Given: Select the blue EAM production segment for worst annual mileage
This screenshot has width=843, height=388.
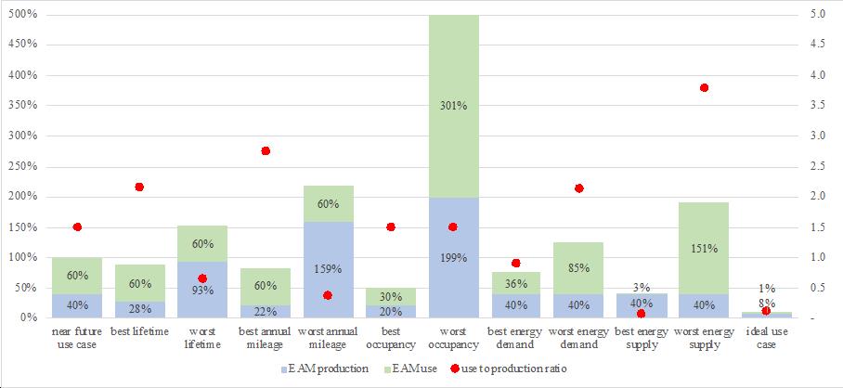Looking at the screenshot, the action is pyautogui.click(x=328, y=270).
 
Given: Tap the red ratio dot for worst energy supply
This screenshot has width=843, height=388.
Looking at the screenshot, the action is pyautogui.click(x=704, y=87).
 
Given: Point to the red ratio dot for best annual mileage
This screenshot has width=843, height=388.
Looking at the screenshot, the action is pyautogui.click(x=265, y=151).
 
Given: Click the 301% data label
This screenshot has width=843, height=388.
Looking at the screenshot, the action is pyautogui.click(x=453, y=106).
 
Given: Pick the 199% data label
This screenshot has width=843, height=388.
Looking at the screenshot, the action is pyautogui.click(x=453, y=258).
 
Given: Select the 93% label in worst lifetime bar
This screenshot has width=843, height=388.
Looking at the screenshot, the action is pyautogui.click(x=202, y=291).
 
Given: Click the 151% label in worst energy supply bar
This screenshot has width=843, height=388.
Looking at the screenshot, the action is pyautogui.click(x=704, y=249).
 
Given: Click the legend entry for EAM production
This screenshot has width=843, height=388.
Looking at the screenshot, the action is pyautogui.click(x=324, y=369).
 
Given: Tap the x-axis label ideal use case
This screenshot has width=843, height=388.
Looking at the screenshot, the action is pyautogui.click(x=767, y=338).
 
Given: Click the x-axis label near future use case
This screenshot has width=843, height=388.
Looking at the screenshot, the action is pyautogui.click(x=76, y=338).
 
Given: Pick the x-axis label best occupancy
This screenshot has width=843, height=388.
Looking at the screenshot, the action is pyautogui.click(x=390, y=338).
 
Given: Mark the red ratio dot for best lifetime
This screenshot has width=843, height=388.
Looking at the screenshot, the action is pyautogui.click(x=139, y=187).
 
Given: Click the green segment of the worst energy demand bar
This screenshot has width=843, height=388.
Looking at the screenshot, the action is pyautogui.click(x=578, y=268).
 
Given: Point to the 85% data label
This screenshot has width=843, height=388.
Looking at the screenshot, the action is pyautogui.click(x=578, y=267).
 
